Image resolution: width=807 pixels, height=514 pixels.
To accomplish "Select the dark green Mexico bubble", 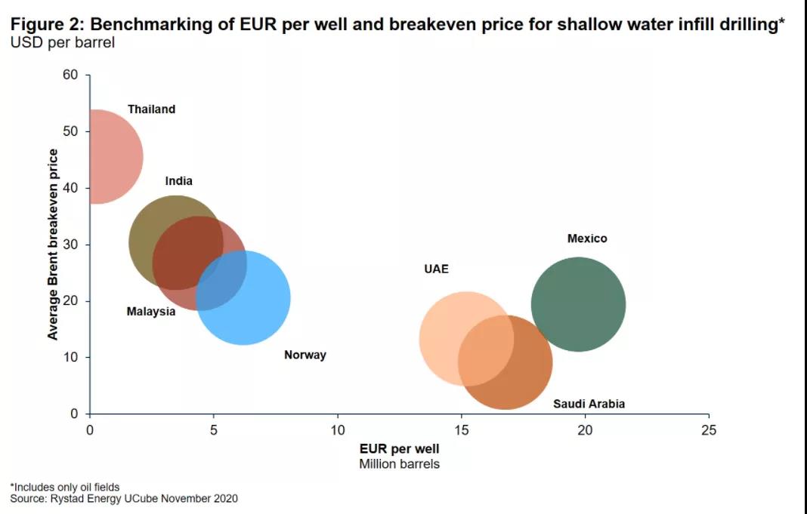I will coord(578,304).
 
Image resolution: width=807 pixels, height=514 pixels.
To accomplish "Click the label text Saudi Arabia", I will coord(589,404).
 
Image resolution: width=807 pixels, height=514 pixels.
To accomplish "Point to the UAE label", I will coord(436,269).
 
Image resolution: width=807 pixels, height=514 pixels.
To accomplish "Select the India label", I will coord(179,181).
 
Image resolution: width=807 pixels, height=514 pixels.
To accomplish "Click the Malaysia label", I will coord(151,312).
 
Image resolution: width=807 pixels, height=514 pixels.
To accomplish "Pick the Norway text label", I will coord(305,355).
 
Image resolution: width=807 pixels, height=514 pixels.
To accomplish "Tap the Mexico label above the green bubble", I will coord(587,239).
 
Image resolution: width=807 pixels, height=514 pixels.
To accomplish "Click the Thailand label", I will coord(151,109).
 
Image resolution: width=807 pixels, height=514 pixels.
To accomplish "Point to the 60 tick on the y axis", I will coord(71,75).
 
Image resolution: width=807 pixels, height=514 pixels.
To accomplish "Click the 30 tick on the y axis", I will coord(71,245).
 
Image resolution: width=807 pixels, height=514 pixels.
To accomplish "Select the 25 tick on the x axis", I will coord(708,430).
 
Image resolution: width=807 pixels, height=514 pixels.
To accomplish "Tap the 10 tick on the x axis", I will coord(337,430).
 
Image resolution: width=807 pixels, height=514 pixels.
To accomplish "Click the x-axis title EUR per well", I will coord(399,449).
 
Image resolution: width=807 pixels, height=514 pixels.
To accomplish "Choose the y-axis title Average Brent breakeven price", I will coord(53,245).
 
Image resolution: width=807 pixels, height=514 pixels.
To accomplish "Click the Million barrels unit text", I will coord(399,463).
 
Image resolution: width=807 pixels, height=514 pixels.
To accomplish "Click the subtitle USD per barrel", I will coord(62,42).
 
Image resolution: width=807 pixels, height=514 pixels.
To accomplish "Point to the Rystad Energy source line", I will coord(124,498).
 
